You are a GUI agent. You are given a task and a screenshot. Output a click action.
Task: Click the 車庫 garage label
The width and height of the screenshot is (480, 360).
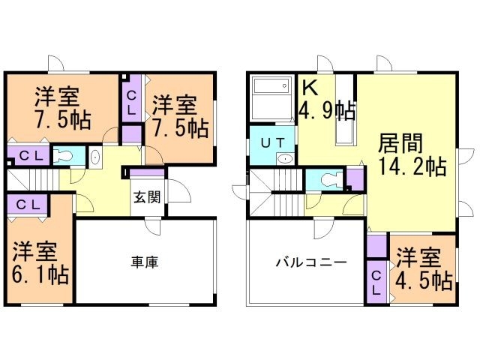pyautogui.click(x=144, y=262)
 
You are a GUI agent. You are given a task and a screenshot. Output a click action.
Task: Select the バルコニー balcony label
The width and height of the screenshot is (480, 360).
pyautogui.click(x=310, y=262)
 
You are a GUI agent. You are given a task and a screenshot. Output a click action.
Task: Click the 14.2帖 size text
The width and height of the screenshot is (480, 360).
pyautogui.click(x=412, y=166)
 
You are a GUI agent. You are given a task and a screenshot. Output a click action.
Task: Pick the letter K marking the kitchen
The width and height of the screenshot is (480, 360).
pyautogui.click(x=309, y=87)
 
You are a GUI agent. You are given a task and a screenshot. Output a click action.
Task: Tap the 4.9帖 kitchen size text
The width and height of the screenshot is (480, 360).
pyautogui.click(x=327, y=111)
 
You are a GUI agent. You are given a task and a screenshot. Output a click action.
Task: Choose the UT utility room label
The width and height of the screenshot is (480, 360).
pyautogui.click(x=271, y=142)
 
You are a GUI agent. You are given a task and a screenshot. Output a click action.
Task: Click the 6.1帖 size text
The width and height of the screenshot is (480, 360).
pyautogui.click(x=41, y=274)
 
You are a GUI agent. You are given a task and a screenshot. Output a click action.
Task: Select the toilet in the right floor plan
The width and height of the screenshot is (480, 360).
pyautogui.click(x=328, y=180)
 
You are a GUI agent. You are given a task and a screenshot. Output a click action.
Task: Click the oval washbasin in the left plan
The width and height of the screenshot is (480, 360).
pyautogui.click(x=94, y=157)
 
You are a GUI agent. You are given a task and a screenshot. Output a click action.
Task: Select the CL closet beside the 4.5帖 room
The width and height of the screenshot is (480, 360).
pyautogui.click(x=376, y=280)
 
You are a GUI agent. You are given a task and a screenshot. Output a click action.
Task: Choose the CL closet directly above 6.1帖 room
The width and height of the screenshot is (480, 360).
pyautogui.click(x=29, y=204)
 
